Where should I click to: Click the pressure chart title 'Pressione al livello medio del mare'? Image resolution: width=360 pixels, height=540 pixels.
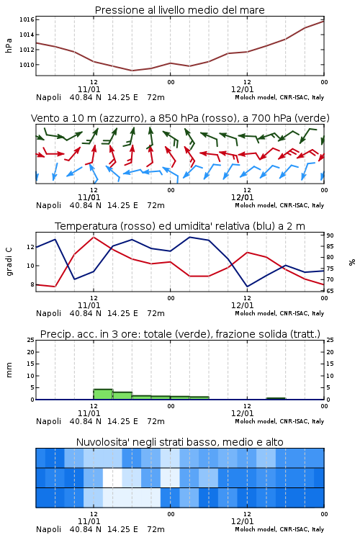179,10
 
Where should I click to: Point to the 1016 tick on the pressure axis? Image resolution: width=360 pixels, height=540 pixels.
27,19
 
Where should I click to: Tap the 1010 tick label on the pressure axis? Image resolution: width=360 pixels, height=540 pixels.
27,65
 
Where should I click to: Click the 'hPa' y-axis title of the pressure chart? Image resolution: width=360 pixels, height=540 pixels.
9,45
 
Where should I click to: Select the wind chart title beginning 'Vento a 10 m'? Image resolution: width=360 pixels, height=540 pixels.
180,118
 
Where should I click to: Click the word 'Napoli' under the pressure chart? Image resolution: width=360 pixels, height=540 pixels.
48,97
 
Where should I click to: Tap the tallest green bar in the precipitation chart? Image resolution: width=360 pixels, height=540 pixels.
103,395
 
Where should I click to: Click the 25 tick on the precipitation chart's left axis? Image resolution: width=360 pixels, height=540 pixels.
31,340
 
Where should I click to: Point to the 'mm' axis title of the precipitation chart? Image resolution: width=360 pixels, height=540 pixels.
9,369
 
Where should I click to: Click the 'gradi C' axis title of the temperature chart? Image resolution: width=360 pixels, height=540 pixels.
9,261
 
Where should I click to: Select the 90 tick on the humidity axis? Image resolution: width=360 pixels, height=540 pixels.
330,235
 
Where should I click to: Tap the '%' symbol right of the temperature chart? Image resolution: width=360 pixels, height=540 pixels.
352,262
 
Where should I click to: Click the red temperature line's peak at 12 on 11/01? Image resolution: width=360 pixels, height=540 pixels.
94,238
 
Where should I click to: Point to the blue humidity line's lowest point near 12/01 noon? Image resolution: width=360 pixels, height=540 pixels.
247,287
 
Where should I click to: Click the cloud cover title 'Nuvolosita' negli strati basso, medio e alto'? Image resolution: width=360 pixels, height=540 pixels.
179,442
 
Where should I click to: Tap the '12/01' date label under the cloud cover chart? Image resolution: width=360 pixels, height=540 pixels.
242,521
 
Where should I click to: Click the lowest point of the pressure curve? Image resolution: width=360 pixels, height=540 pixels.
132,71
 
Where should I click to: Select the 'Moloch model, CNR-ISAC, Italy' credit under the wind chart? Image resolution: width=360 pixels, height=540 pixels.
279,206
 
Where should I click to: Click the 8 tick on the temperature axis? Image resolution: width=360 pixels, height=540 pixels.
32,285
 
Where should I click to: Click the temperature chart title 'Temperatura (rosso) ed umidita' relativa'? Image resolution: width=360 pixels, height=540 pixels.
180,226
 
